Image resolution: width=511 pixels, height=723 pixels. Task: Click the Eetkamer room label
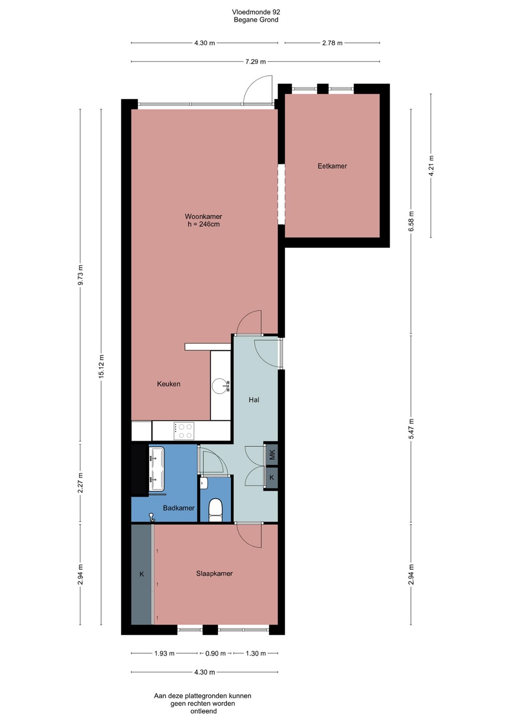(332, 166)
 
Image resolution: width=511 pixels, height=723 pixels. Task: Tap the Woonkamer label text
(203, 216)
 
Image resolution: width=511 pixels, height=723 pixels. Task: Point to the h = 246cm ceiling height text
(204, 224)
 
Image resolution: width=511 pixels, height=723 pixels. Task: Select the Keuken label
(168, 384)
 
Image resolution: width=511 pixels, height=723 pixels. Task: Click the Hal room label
(254, 400)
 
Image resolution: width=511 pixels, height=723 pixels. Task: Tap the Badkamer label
(178, 508)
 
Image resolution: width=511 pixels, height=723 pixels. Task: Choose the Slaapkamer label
(214, 573)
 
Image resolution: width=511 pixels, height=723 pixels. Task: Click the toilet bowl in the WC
(215, 510)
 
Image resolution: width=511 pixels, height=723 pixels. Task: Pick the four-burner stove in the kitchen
(184, 431)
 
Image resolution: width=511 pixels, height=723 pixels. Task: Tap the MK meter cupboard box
(272, 454)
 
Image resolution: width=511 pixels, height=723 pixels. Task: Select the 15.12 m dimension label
(101, 366)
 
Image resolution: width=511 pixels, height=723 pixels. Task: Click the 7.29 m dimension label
(255, 61)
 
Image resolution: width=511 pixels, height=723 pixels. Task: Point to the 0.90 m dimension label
(215, 653)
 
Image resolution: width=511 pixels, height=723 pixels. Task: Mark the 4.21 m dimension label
(431, 165)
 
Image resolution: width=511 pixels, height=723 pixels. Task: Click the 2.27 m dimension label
(81, 483)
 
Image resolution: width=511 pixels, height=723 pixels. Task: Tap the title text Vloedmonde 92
(256, 12)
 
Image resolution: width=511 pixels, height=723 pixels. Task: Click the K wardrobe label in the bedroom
(142, 574)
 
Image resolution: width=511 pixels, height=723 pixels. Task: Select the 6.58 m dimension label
(411, 221)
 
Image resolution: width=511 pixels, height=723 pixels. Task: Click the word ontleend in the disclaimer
(203, 711)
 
